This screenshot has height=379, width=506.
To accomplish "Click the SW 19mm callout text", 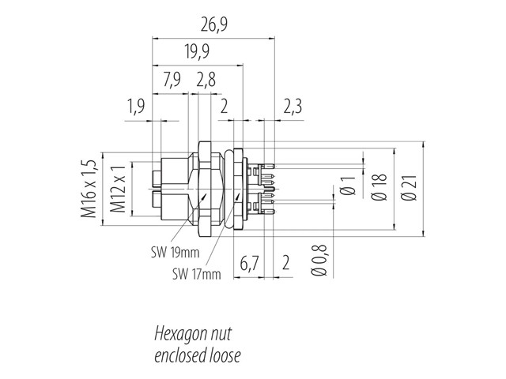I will (x=175, y=253).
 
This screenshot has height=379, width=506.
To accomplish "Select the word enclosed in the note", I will (x=179, y=355).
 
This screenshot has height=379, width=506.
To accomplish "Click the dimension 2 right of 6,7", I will (x=286, y=264).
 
